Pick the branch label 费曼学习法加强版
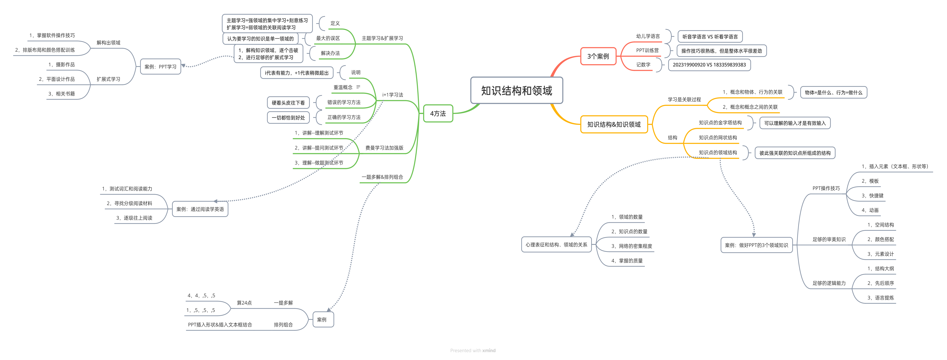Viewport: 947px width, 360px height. pyautogui.click(x=384, y=148)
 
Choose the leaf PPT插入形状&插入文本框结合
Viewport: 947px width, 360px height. pyautogui.click(x=220, y=325)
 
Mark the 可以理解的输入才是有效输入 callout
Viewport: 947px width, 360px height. pyautogui.click(x=794, y=123)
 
